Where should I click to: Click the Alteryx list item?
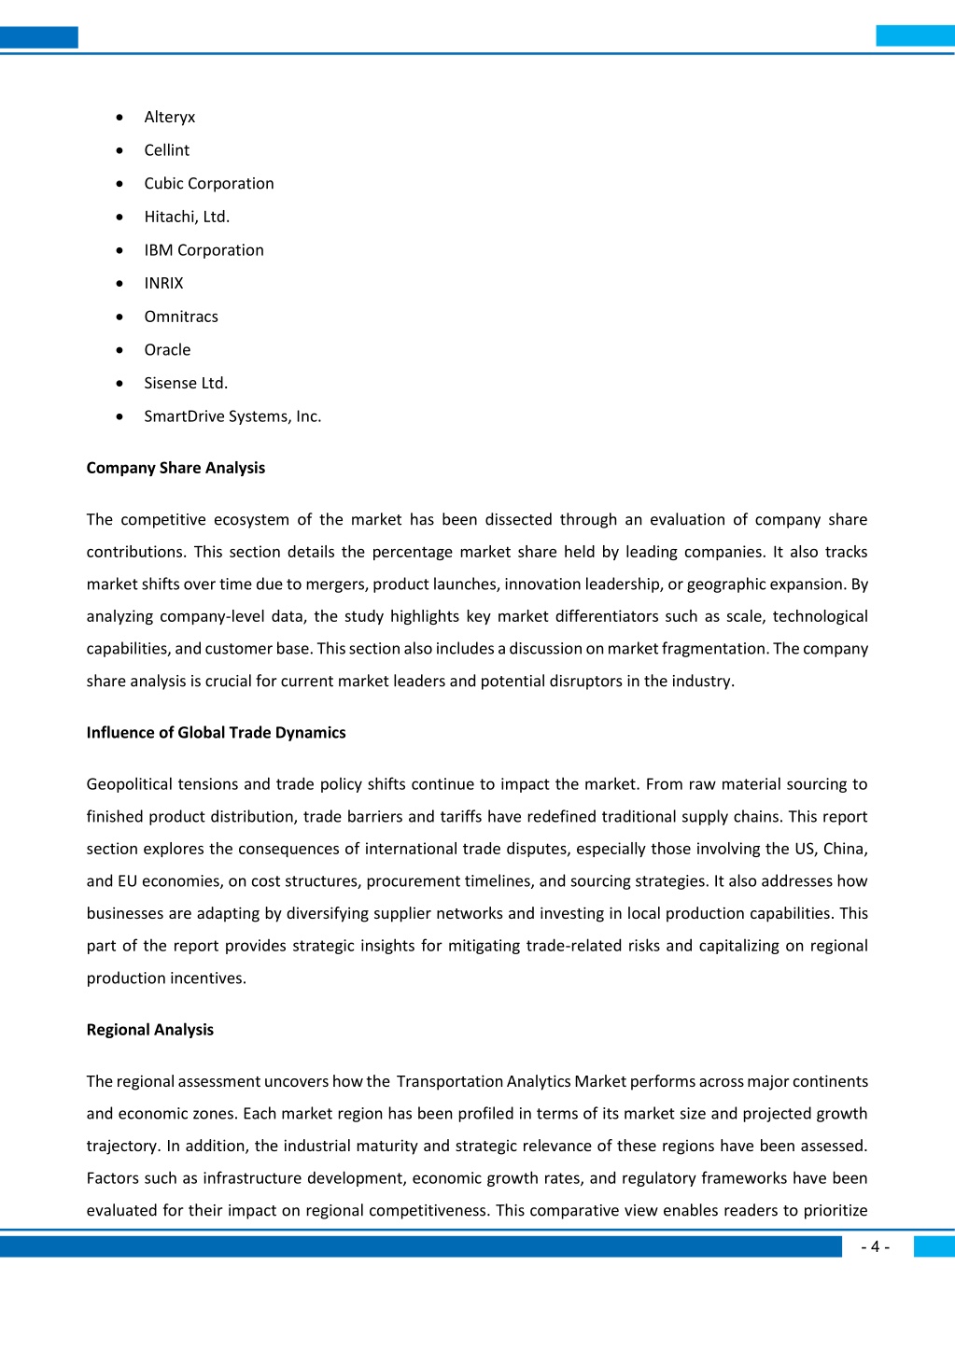[170, 117]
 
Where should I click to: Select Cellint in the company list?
[166, 150]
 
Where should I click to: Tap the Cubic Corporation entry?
[209, 184]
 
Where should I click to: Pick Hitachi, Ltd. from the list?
[187, 217]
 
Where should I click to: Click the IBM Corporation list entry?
[204, 250]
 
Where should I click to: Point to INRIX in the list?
[163, 283]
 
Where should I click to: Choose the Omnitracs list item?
[181, 317]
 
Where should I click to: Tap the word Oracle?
[167, 350]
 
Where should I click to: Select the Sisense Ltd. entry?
[186, 383]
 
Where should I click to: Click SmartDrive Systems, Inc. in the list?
[232, 416]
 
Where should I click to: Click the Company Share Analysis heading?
[176, 468]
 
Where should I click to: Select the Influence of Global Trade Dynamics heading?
[216, 733]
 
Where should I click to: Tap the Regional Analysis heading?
[149, 1030]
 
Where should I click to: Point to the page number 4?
[875, 1247]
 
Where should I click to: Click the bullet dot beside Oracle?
[119, 350]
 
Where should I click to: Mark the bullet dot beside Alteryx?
[119, 118]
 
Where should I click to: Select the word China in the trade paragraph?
[845, 849]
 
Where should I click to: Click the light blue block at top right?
[915, 36]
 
